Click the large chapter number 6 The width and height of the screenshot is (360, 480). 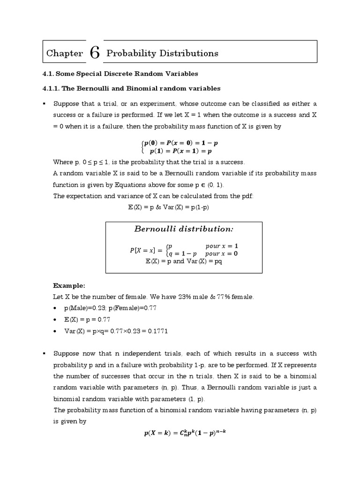click(94, 53)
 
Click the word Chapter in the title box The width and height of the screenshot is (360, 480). click(65, 53)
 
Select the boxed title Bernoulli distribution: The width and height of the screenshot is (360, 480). click(184, 229)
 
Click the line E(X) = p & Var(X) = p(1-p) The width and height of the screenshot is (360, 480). click(168, 207)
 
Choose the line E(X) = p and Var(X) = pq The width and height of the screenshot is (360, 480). click(184, 261)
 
